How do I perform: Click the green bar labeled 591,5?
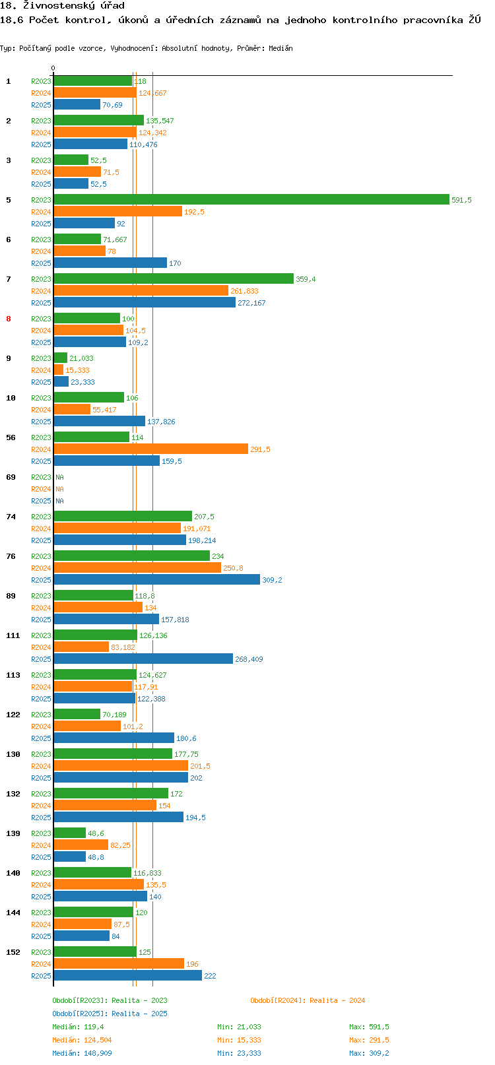tap(251, 200)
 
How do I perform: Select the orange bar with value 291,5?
tap(150, 449)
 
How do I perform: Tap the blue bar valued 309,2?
tap(157, 579)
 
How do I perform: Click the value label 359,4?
tap(306, 279)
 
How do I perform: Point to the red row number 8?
tap(9, 319)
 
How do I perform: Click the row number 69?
tap(11, 477)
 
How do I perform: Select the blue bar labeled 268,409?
tap(143, 659)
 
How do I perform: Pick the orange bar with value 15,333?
tap(59, 370)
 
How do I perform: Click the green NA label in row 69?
tap(59, 477)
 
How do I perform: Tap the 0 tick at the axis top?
tap(53, 68)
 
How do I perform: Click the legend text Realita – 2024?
tap(337, 1000)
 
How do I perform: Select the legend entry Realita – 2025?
tap(139, 1013)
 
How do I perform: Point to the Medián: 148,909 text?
tap(82, 1053)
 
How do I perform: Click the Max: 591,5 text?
tap(369, 1027)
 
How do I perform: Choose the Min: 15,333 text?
tap(239, 1040)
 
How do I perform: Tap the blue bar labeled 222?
tap(128, 975)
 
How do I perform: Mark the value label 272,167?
tap(251, 303)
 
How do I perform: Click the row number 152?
tap(13, 952)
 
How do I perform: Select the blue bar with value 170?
tap(110, 263)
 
